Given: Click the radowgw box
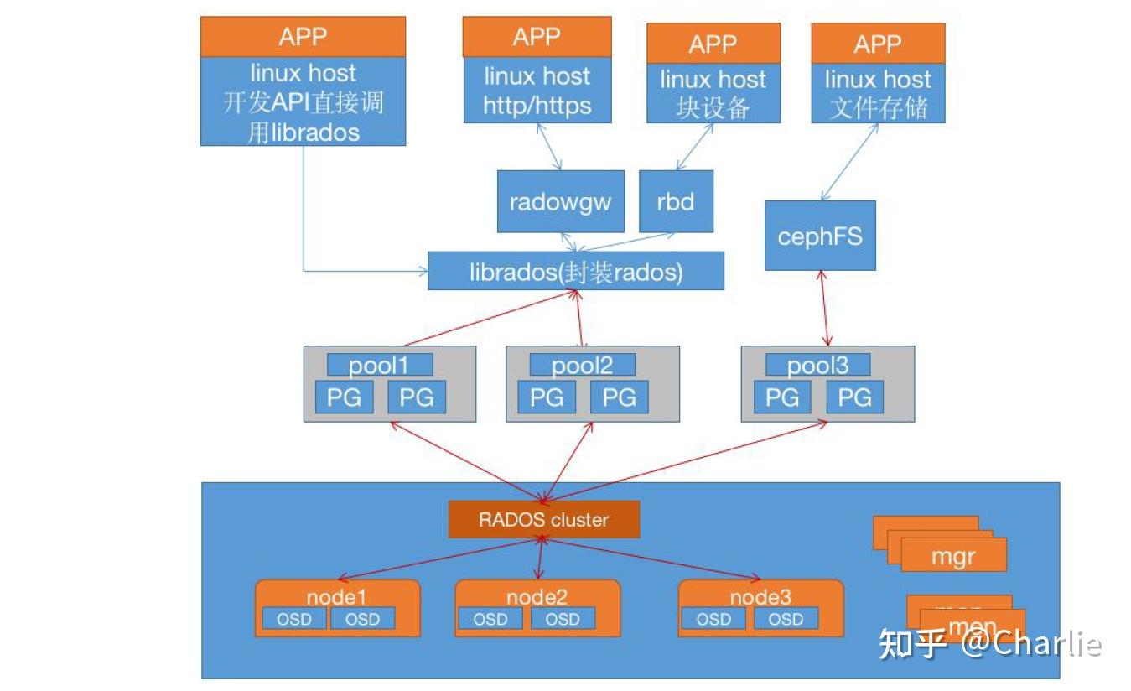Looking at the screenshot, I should point(560,201).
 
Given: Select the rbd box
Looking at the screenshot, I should point(676,201).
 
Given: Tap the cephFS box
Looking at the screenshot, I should point(820,236).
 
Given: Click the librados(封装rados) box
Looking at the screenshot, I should point(576,271).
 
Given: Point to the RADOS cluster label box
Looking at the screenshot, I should point(543,519).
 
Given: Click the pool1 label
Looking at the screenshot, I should point(380,365).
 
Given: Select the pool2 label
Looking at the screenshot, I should point(583,365).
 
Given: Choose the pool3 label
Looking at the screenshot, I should point(818,365).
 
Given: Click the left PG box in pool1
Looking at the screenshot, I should point(344,397).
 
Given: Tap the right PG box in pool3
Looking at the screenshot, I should point(854,397).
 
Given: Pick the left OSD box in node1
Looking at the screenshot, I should point(293,619).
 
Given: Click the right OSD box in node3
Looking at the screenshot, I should point(786,619).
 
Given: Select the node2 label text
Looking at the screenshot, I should point(537,597).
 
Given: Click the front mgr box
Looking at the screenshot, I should point(954,556).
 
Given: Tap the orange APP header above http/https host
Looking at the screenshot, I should point(537,37).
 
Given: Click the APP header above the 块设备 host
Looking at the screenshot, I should point(713,43).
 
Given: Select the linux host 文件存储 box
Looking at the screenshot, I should point(878,93).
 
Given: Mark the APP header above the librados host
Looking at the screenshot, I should point(303,37).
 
